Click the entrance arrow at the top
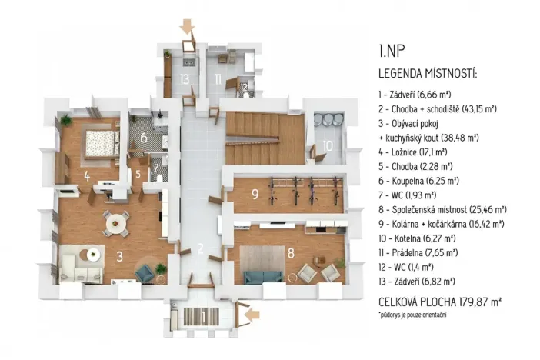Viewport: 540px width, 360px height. pyautogui.click(x=185, y=28)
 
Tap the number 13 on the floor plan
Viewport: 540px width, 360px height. pyautogui.click(x=184, y=78)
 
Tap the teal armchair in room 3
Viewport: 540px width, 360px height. pyautogui.click(x=144, y=272)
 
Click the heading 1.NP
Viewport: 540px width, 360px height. pyautogui.click(x=392, y=52)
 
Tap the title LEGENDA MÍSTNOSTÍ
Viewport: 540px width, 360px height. pyautogui.click(x=428, y=74)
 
